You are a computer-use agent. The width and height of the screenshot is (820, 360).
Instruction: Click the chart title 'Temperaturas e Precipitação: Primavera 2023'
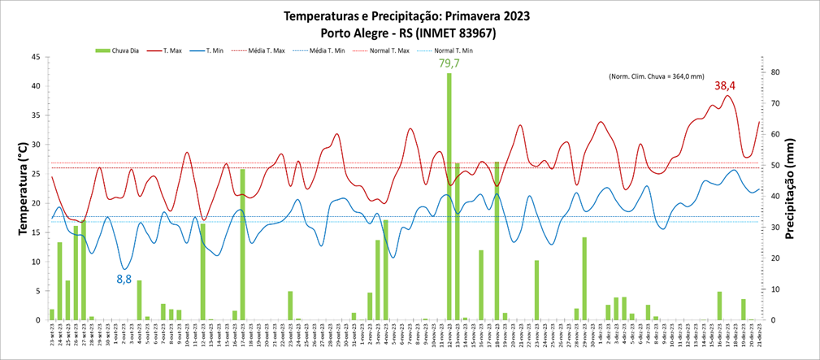click(410, 15)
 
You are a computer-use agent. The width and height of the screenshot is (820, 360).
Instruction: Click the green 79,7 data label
click(449, 63)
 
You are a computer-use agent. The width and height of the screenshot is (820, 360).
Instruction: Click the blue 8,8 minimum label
click(124, 279)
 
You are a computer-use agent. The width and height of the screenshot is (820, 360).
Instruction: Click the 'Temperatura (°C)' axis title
click(23, 189)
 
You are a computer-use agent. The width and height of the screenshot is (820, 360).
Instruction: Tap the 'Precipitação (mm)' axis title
click(800, 189)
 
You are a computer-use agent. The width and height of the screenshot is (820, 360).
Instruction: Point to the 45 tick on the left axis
click(36, 57)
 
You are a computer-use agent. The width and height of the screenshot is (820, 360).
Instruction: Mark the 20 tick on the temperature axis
click(36, 203)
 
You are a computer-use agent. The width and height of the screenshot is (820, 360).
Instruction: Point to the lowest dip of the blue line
click(124, 268)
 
